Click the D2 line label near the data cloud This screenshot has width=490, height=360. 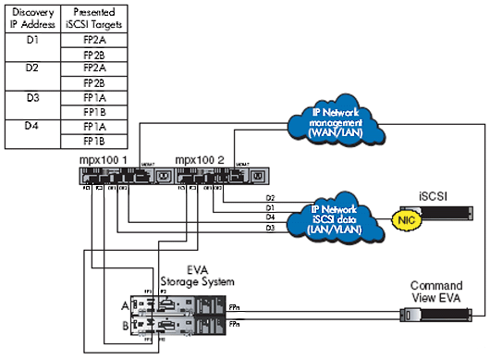270,198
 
